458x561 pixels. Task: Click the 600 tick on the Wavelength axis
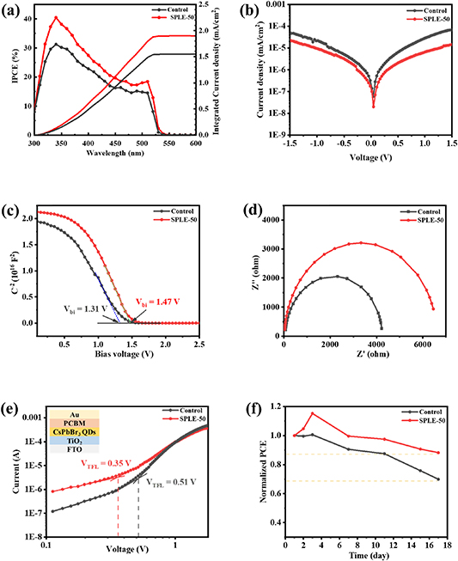[x=196, y=144]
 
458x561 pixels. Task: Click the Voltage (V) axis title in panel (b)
[x=361, y=156]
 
